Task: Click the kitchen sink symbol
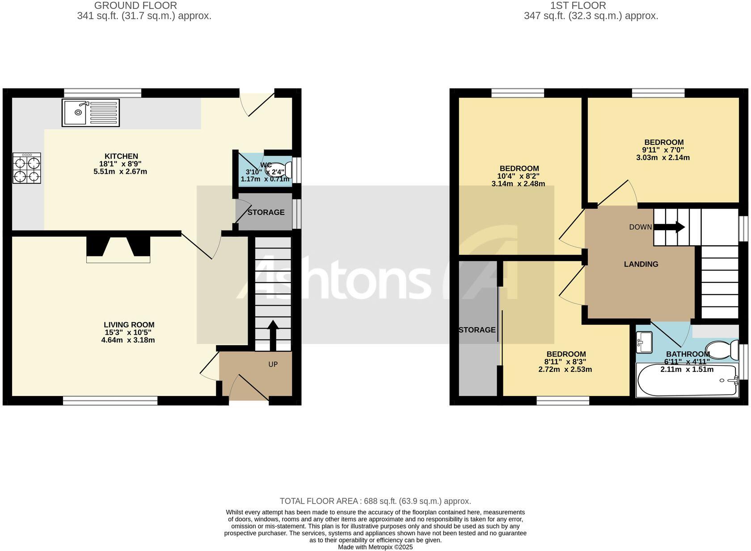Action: click(x=91, y=113)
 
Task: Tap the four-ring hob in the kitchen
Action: click(x=26, y=168)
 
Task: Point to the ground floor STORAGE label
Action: click(x=266, y=212)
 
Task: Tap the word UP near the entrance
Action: click(x=273, y=364)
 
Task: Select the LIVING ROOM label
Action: click(x=129, y=325)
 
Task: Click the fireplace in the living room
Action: click(x=118, y=249)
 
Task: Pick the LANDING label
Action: click(x=641, y=264)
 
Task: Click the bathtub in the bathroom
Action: click(x=688, y=381)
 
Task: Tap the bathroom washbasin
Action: click(x=644, y=341)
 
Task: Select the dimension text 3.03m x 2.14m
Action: click(x=663, y=158)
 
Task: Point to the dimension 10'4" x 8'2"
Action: click(x=519, y=176)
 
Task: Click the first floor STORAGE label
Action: click(x=477, y=330)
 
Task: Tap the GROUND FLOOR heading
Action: click(x=135, y=6)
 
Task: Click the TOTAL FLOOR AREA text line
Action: click(x=375, y=501)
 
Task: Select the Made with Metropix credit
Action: click(x=375, y=547)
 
